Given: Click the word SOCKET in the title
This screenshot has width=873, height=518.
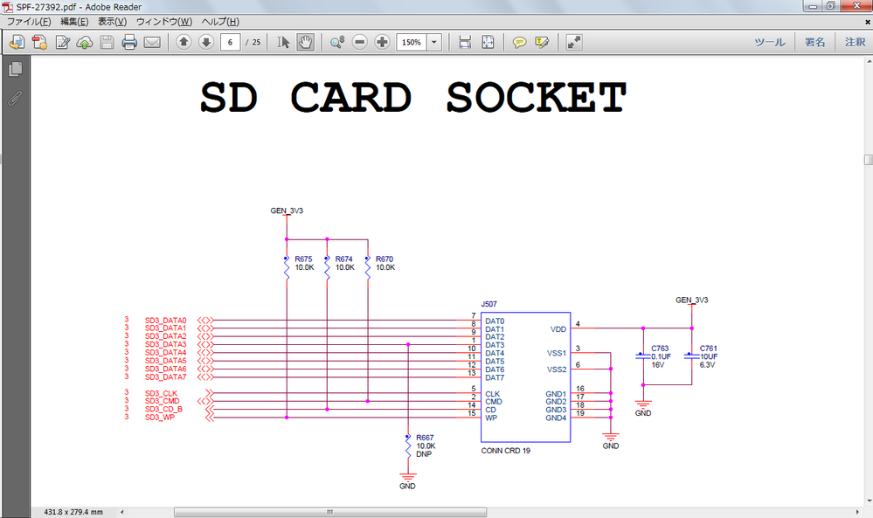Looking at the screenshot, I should click(x=537, y=98).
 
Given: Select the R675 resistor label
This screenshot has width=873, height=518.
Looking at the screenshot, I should click(x=303, y=259).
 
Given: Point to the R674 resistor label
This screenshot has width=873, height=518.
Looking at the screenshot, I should click(x=343, y=259).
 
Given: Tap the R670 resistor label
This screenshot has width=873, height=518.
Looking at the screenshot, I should click(x=385, y=259).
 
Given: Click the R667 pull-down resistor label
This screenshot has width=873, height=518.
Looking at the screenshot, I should click(x=425, y=437).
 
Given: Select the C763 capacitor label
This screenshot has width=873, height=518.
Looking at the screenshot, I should click(x=660, y=348).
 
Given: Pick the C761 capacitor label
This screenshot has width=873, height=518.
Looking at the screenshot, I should click(x=708, y=348).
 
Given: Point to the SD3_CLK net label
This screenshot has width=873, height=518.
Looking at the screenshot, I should click(x=161, y=393).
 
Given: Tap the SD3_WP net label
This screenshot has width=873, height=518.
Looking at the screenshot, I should click(x=160, y=418).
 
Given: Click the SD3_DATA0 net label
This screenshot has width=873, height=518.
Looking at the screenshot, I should click(x=165, y=321).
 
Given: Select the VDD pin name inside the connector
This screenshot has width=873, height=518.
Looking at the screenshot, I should click(x=558, y=329).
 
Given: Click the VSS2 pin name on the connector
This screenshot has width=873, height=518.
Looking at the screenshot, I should click(x=557, y=370).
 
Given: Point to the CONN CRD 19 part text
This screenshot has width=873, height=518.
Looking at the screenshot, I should click(x=505, y=451).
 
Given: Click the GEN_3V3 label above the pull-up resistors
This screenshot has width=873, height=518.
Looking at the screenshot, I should click(x=287, y=211).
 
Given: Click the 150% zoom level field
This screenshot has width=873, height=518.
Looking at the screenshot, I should click(x=411, y=42).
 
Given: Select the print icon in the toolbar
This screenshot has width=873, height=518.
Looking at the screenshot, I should click(x=129, y=42).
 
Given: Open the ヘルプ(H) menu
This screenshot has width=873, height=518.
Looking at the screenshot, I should click(x=220, y=21).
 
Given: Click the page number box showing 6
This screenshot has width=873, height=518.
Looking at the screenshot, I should click(x=231, y=42).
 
